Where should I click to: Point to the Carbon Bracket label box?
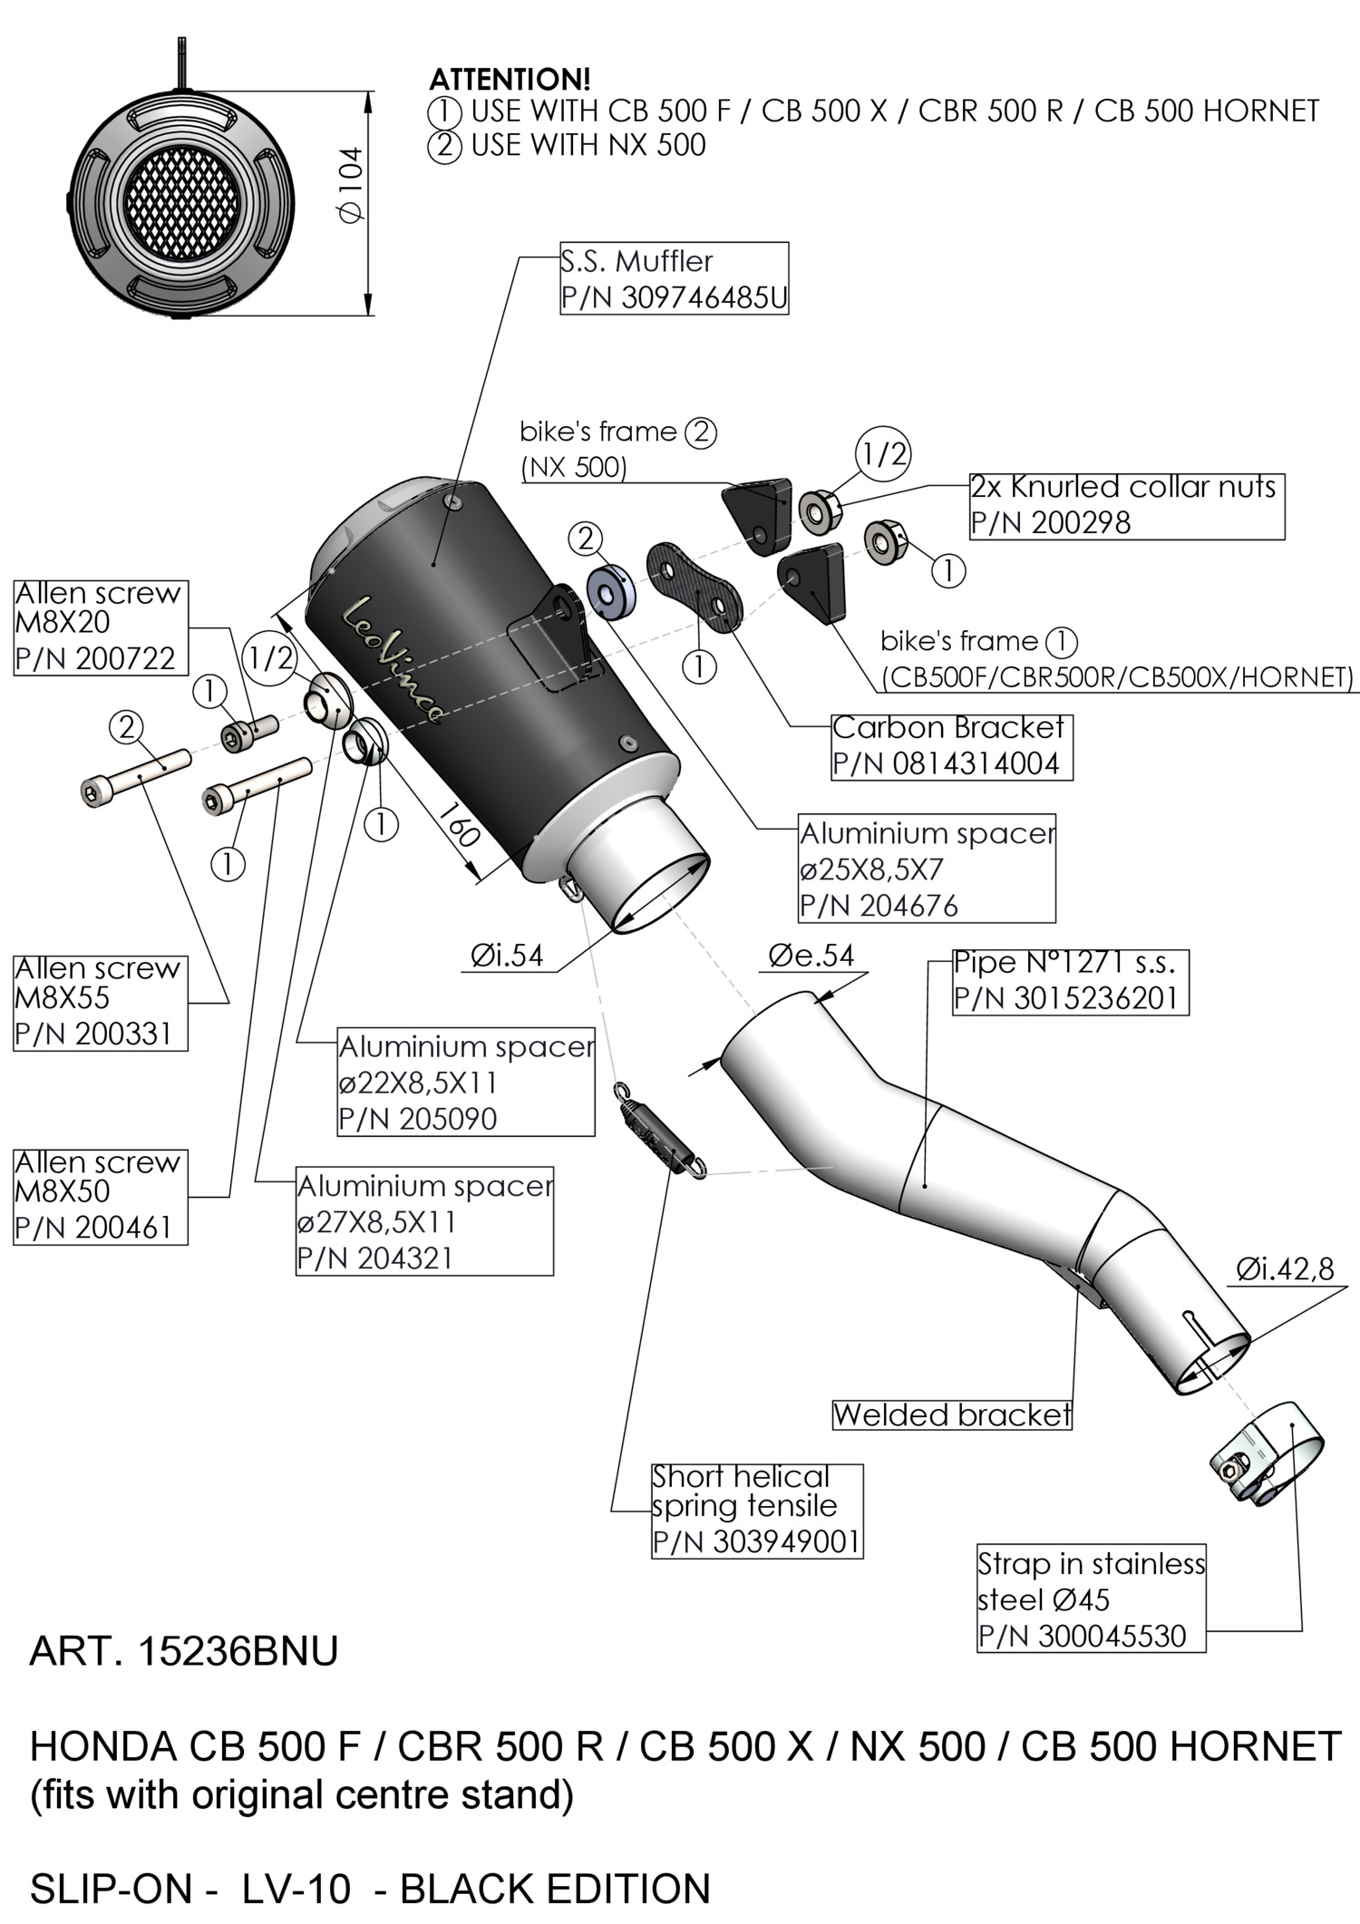951,745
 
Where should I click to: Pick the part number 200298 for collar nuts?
1052,523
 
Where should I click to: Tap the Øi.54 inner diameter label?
507,955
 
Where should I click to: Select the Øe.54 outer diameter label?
811,955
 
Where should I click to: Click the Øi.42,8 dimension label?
1285,1268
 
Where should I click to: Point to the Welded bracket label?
951,1414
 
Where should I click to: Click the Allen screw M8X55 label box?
100,1001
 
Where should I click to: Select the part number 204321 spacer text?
374,1258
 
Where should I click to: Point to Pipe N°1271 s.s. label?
1070,963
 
